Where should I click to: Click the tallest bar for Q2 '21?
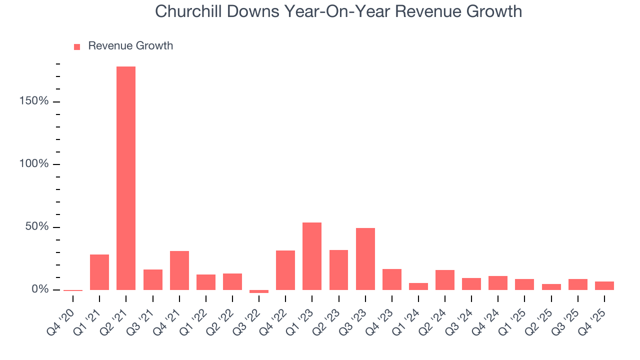click(126, 178)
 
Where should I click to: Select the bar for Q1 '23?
click(312, 256)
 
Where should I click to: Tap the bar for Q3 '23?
click(365, 259)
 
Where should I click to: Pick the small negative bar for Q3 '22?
click(259, 291)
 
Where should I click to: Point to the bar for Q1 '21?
click(99, 272)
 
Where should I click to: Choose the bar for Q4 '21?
click(179, 270)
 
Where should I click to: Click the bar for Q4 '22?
click(285, 270)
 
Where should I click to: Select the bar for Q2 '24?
click(445, 280)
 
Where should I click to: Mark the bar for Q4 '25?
click(604, 285)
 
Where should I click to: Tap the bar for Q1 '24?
click(418, 286)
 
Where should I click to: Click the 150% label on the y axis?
click(34, 101)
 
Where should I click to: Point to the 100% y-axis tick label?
click(34, 164)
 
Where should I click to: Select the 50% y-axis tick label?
click(37, 227)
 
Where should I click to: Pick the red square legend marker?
click(77, 46)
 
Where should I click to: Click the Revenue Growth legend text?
click(130, 46)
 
